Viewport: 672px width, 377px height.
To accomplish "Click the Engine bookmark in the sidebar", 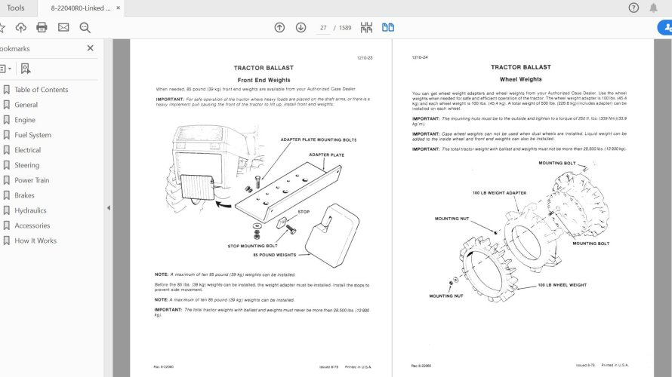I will point(25,120).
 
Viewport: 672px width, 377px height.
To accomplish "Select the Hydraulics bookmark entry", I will point(30,210).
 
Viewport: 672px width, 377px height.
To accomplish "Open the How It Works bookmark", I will point(35,241).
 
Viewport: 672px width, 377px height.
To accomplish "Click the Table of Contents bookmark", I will point(42,90).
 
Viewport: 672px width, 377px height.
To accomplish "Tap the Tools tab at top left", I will point(15,8).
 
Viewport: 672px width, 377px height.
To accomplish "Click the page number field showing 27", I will point(323,28).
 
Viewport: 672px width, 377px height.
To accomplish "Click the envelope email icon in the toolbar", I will point(63,28).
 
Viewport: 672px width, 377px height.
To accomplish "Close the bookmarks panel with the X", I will point(91,48).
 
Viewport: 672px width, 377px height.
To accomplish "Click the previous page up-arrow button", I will point(279,28).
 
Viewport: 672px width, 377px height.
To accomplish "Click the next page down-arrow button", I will point(301,28).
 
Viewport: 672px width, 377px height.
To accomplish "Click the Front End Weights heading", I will point(264,80).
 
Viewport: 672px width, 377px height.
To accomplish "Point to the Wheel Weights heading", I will point(520,79).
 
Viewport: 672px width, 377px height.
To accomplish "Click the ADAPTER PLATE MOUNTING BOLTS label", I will point(318,139).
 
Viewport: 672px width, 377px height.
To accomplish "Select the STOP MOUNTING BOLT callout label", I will point(252,246).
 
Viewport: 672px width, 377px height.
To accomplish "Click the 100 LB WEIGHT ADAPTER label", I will point(499,192).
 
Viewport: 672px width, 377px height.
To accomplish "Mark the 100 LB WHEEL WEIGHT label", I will point(562,285).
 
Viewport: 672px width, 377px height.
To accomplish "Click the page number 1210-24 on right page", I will point(420,57).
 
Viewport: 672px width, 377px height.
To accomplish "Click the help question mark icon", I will point(633,8).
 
